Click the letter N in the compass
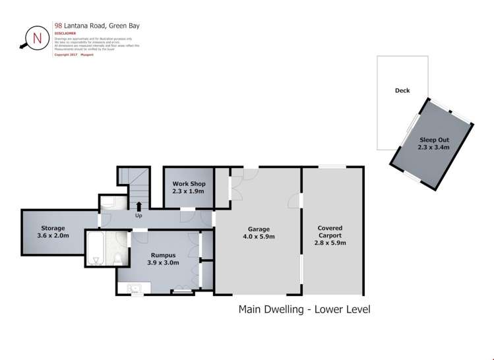[x=37, y=38]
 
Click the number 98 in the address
[x=59, y=26]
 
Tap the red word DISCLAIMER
[x=65, y=33]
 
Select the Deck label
[x=402, y=90]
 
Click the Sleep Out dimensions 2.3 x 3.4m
[x=433, y=148]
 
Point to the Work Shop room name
[x=189, y=183]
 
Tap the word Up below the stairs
[x=139, y=216]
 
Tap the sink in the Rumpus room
[x=135, y=287]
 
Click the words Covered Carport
[x=330, y=231]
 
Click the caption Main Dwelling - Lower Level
[x=303, y=309]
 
